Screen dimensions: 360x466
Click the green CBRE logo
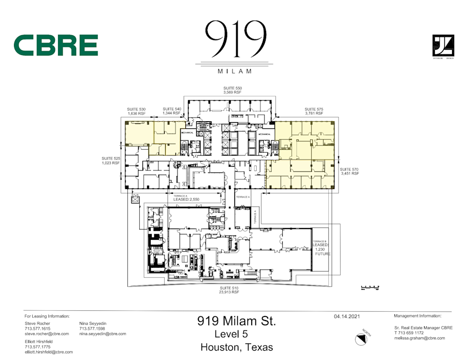tap(56, 46)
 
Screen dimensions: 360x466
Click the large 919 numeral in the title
tap(236, 40)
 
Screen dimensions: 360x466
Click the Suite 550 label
tap(232, 90)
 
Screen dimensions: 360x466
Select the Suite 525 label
tap(111, 160)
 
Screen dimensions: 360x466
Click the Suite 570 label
tap(349, 171)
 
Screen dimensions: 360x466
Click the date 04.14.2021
tap(347, 315)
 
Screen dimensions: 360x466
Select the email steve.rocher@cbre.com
tap(47, 334)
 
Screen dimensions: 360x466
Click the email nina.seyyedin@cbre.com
tap(103, 334)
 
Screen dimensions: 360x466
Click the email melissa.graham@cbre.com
tap(419, 338)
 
